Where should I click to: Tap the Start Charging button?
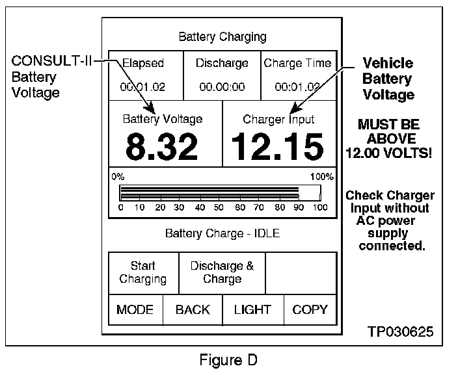coord(142,272)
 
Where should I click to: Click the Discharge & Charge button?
coord(222,272)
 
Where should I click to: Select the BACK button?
coord(193,309)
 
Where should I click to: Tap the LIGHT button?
coord(252,309)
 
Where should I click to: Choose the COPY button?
coord(310,309)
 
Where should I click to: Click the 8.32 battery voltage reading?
coord(162,147)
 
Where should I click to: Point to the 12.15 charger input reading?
coord(278,147)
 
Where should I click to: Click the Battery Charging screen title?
coord(222,36)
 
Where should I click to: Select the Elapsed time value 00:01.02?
coord(142,86)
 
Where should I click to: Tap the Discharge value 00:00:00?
coord(222,86)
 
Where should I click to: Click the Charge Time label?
coord(297,64)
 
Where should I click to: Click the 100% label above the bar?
coord(321,176)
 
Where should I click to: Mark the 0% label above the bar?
coord(117,176)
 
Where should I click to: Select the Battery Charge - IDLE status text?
coord(222,233)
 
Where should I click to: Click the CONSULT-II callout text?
coord(51,62)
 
